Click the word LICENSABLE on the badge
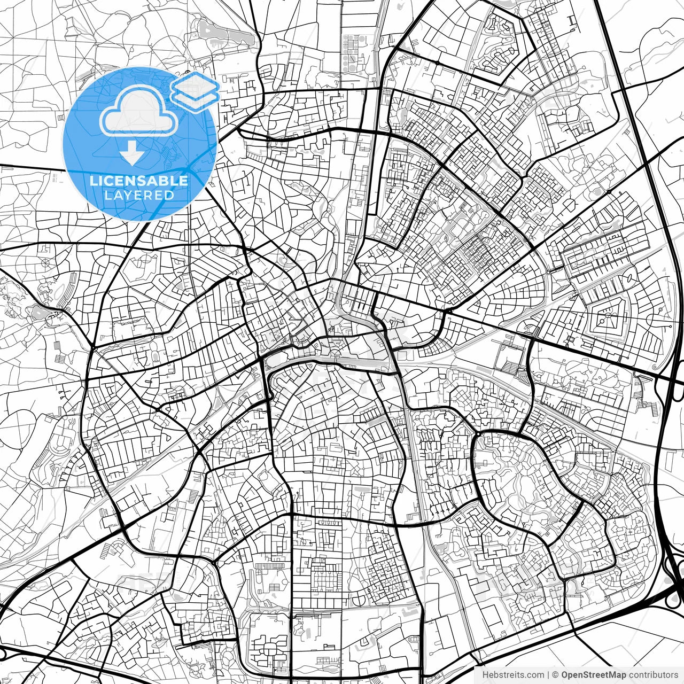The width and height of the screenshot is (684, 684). click(139, 181)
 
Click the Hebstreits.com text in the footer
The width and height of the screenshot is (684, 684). click(514, 675)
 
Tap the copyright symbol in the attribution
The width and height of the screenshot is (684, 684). click(555, 675)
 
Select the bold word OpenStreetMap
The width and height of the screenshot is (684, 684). click(593, 675)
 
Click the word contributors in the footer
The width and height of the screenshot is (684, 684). click(653, 675)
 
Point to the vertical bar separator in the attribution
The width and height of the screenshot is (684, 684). click(549, 675)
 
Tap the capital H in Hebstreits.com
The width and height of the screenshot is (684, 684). click(485, 675)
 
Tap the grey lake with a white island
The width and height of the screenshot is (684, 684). click(38, 310)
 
